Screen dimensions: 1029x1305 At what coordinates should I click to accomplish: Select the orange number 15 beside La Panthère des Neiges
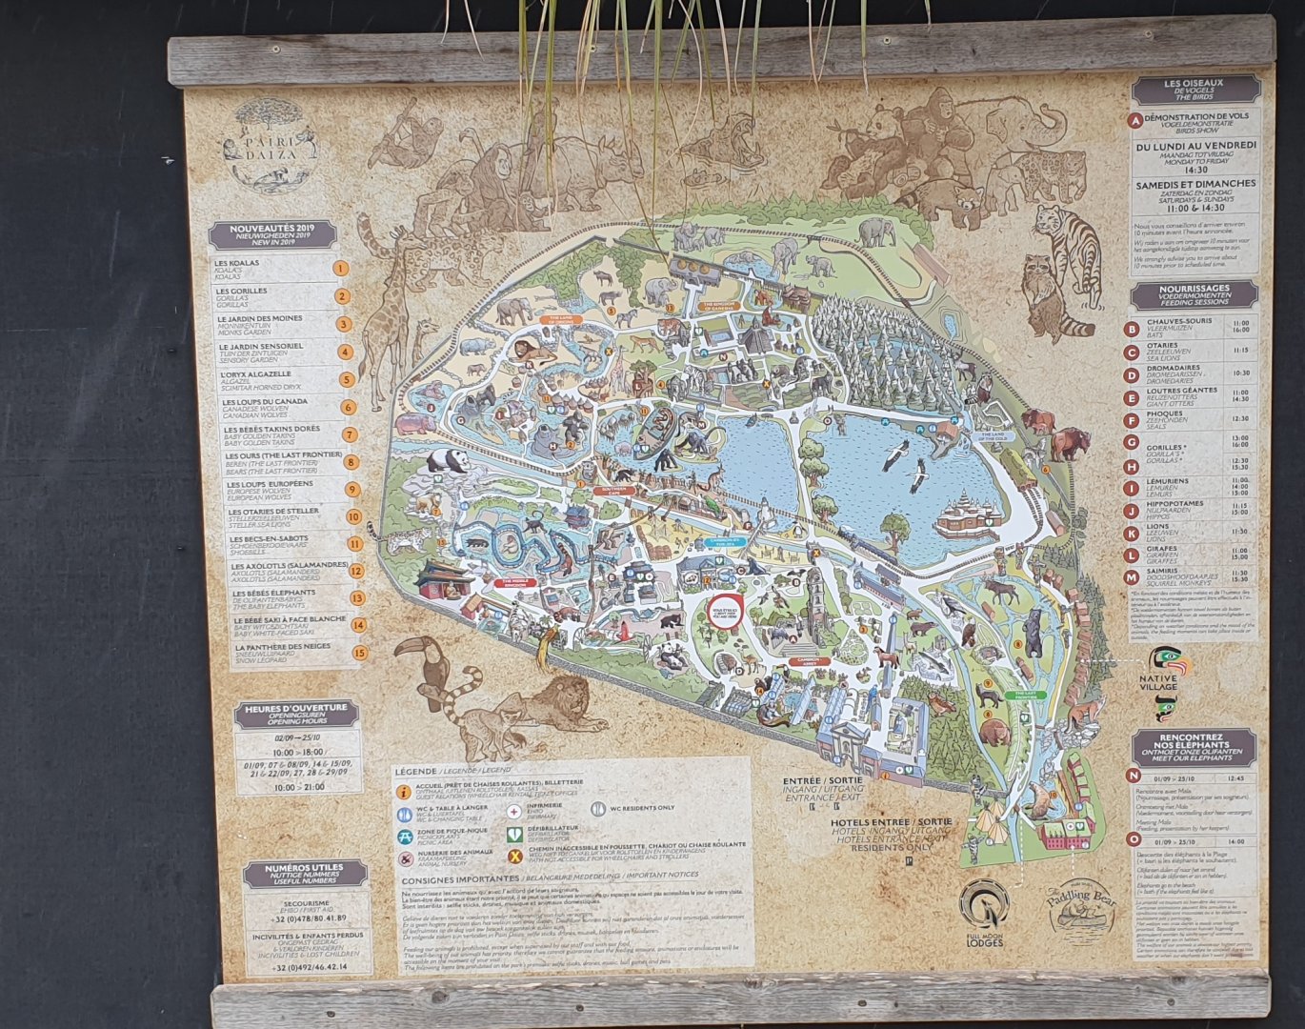pyautogui.click(x=359, y=653)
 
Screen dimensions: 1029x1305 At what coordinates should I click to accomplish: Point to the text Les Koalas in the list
pyautogui.click(x=237, y=263)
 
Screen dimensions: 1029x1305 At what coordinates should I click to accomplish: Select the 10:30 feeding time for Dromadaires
pyautogui.click(x=1240, y=373)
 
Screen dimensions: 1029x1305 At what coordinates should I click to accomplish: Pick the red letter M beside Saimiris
pyautogui.click(x=1132, y=577)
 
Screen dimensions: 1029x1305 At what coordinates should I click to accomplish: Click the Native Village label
pyautogui.click(x=1158, y=681)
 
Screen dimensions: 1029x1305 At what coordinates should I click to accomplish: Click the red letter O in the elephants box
pyautogui.click(x=1134, y=841)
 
